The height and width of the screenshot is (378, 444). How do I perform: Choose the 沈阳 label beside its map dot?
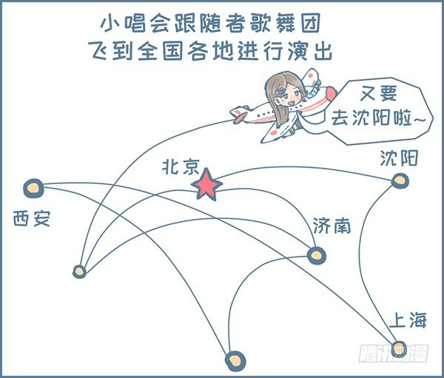coord(399,158)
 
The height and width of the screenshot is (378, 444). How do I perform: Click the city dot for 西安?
coord(33,189)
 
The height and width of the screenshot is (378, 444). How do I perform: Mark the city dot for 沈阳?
coord(400,179)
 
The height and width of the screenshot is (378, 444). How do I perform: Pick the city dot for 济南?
coord(317,255)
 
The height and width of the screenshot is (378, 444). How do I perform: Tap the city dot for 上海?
coord(399,348)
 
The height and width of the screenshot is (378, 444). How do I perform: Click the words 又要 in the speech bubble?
coord(380,95)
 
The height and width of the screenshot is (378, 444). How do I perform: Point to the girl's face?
coord(290,94)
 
